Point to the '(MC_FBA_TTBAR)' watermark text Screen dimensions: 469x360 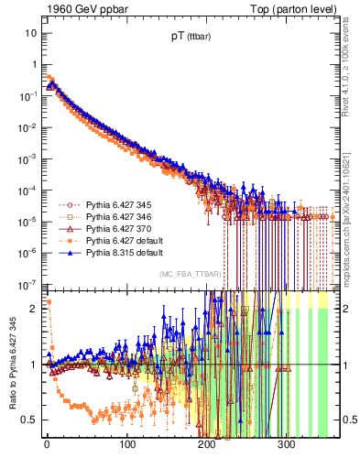187,275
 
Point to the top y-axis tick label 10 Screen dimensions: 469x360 32,33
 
